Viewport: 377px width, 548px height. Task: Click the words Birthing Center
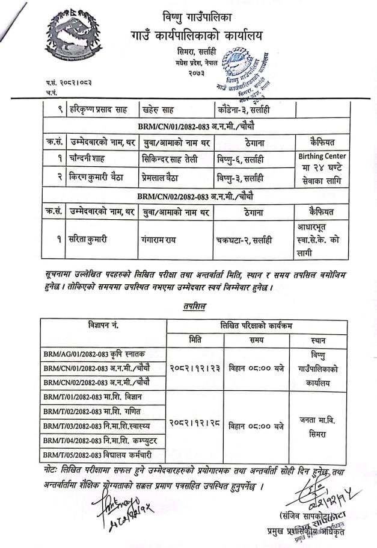tap(322, 156)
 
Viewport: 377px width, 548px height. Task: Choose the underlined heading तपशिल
tap(197, 307)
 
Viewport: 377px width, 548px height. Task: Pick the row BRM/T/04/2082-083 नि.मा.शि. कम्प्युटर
tap(100, 441)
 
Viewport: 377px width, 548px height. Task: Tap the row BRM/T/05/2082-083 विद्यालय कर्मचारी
tap(96, 455)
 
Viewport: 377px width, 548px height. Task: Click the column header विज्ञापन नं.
tap(102, 326)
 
